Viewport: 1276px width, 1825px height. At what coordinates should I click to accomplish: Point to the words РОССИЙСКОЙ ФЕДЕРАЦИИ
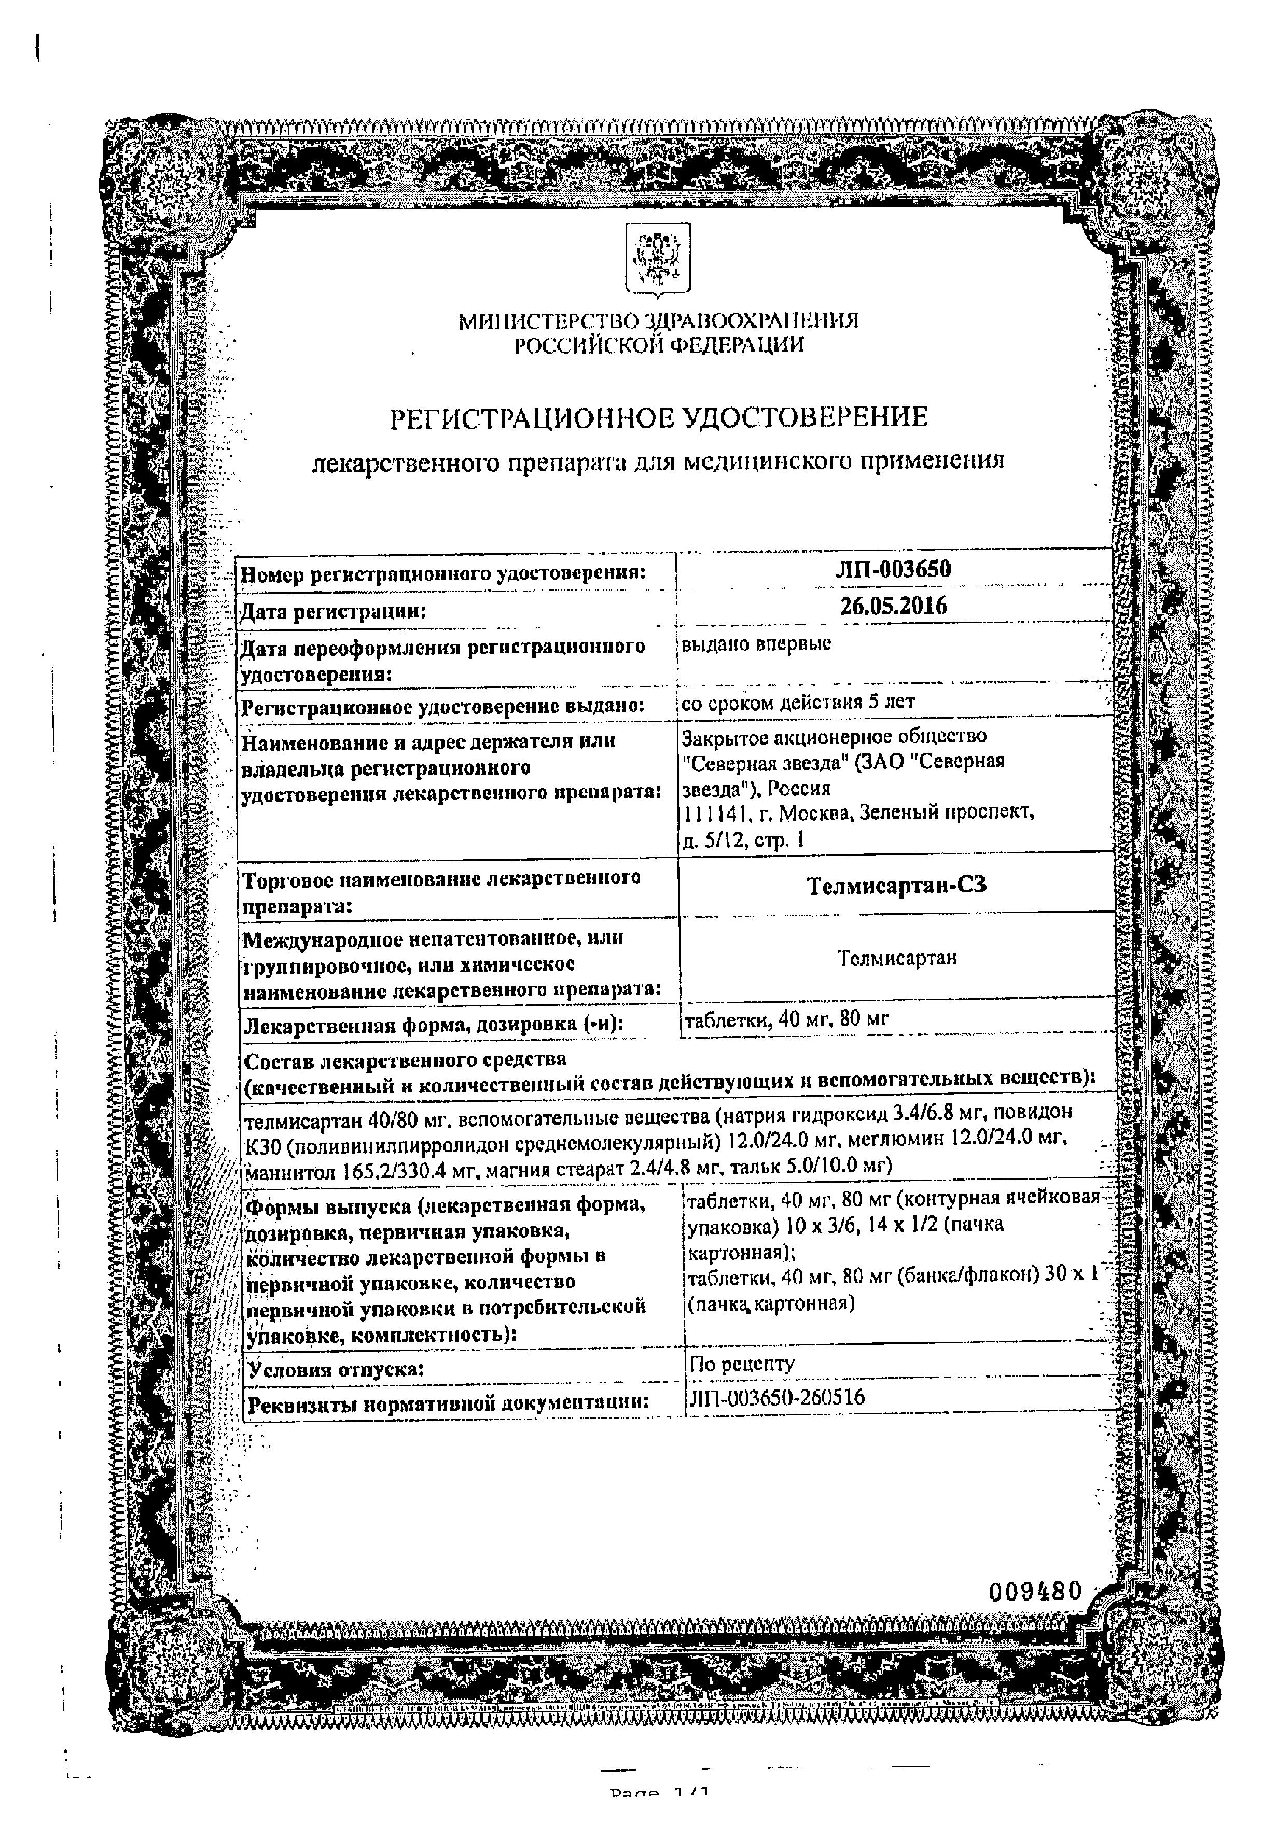coord(658,344)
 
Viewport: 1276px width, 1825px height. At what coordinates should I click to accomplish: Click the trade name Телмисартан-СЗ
coord(896,885)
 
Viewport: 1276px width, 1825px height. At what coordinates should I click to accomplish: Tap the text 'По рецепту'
coord(742,1364)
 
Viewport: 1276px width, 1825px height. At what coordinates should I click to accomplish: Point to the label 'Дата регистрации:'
coord(333,611)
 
